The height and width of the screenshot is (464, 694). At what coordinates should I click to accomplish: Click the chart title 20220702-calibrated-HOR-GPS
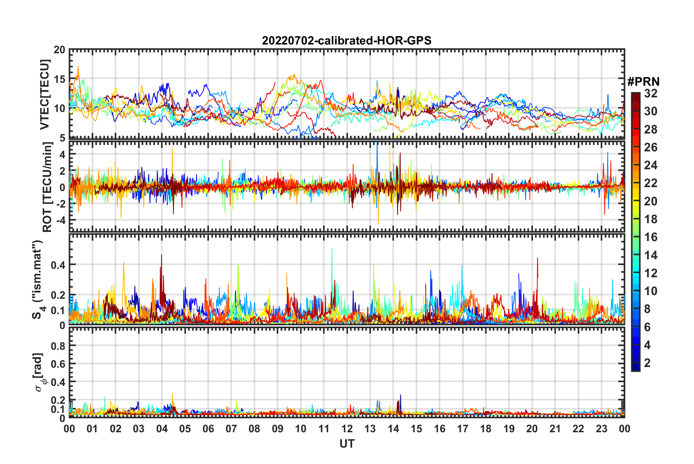click(x=347, y=40)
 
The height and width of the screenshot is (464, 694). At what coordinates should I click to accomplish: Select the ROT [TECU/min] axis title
click(x=47, y=187)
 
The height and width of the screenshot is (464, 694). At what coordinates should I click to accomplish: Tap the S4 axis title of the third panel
click(x=38, y=279)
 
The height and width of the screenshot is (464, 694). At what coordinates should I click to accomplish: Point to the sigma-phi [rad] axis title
click(x=39, y=372)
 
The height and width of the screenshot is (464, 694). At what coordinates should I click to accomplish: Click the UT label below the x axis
click(x=347, y=444)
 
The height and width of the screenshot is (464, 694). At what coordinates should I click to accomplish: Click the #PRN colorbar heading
click(x=643, y=81)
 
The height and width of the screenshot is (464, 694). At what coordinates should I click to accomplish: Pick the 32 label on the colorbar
click(x=651, y=93)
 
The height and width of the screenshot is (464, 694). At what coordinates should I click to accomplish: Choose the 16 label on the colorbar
click(x=651, y=237)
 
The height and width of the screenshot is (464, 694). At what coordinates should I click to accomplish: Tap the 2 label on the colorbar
click(x=647, y=363)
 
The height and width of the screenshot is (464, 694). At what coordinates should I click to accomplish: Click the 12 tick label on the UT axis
click(x=347, y=429)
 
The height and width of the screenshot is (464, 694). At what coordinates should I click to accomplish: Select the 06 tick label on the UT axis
click(x=208, y=429)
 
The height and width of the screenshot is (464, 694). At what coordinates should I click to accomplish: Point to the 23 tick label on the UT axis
click(x=601, y=429)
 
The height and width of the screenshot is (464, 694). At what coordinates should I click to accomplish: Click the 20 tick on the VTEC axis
click(x=59, y=50)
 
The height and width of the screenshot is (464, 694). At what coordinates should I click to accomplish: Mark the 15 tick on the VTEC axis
click(x=59, y=79)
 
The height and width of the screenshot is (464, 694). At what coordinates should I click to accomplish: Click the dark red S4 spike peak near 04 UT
click(x=161, y=255)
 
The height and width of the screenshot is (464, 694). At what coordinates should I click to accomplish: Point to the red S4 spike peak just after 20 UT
click(x=537, y=258)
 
